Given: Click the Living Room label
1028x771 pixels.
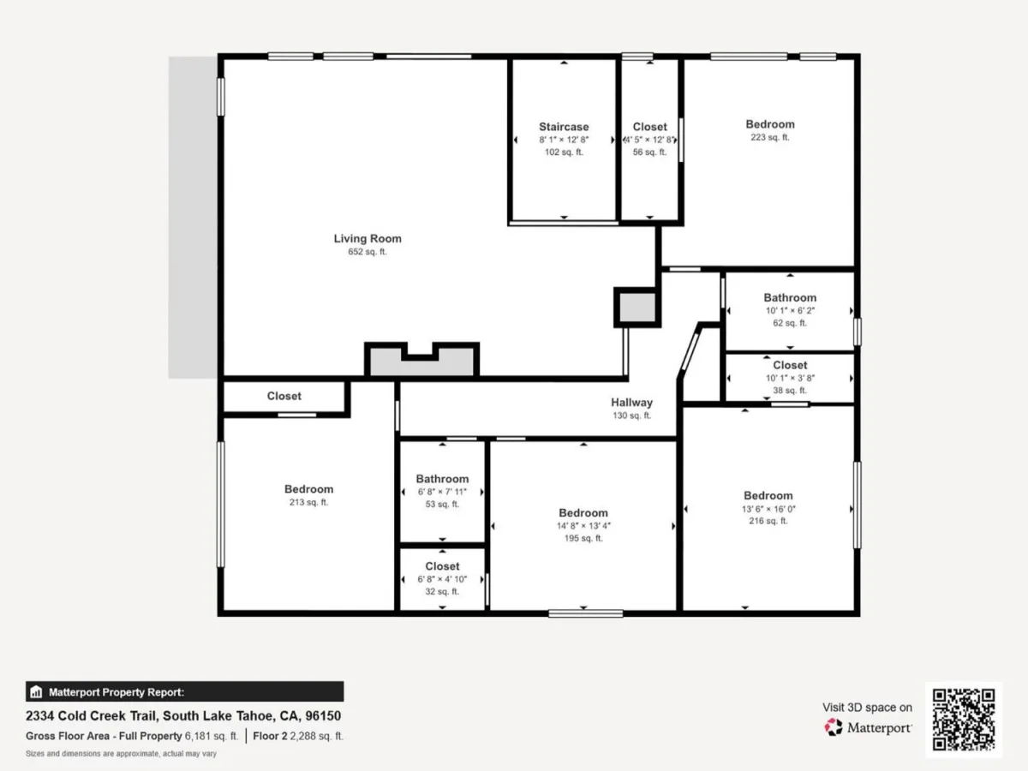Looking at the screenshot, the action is [368, 238].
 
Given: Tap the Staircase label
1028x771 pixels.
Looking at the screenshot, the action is [564, 127].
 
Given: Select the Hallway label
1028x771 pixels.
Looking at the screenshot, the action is [631, 403].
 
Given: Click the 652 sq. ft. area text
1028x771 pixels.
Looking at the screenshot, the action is [368, 252].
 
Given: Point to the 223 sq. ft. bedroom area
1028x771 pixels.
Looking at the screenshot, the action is [770, 138].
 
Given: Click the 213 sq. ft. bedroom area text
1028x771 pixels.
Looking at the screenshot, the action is [308, 502].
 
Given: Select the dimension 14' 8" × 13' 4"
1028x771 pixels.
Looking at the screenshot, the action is [583, 526].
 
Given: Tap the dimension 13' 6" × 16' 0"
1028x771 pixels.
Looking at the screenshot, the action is [768, 509].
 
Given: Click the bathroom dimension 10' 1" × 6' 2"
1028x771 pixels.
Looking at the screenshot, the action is [790, 310].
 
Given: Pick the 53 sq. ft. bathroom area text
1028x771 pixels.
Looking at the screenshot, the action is [442, 505].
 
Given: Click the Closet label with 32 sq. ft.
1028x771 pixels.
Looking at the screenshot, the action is [442, 566].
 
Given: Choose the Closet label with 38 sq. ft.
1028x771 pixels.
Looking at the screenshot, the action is [790, 365].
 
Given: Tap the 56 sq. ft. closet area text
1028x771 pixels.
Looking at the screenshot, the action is [649, 152].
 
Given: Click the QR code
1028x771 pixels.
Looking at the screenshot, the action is [964, 720].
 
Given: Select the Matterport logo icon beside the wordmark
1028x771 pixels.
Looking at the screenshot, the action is [834, 727].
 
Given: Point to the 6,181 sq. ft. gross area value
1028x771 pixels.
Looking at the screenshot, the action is [212, 736].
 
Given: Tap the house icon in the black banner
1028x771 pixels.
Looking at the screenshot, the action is [36, 692].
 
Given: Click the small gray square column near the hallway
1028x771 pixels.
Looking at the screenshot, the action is [637, 308].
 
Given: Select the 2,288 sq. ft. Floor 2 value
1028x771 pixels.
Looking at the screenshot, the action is [317, 736].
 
